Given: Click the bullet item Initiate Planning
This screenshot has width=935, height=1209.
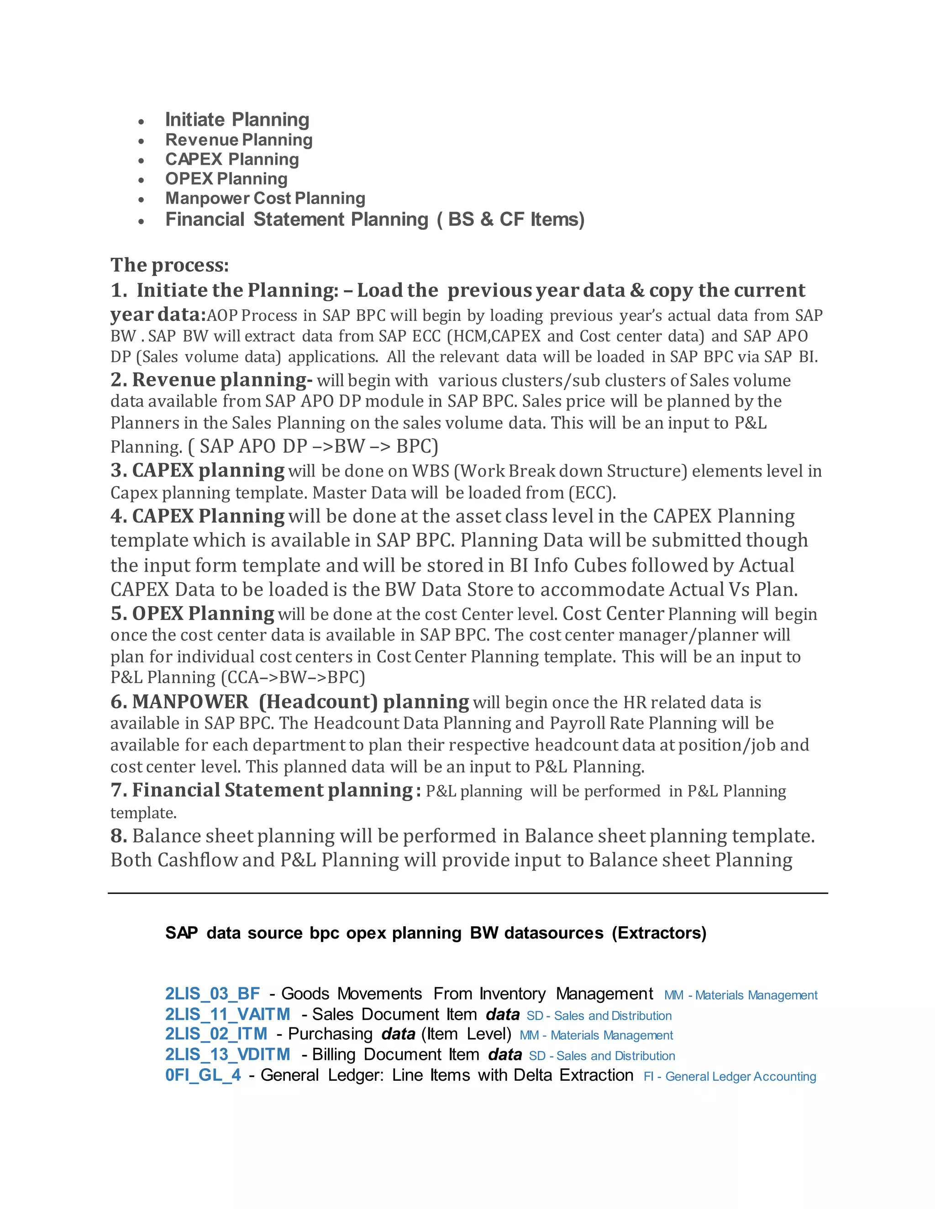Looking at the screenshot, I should click(x=237, y=120).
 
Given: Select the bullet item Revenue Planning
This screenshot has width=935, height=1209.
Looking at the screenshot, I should click(x=239, y=140).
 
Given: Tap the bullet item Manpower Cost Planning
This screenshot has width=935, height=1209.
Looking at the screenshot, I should click(x=265, y=198).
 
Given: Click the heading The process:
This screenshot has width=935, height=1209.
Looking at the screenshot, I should click(x=169, y=265).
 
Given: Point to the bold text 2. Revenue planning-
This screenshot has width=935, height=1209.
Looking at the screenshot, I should click(x=211, y=380).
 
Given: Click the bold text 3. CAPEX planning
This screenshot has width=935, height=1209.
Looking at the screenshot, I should click(x=198, y=470).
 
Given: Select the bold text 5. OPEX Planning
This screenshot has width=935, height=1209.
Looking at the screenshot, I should click(x=192, y=613).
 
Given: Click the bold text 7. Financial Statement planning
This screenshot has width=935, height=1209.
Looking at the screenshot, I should click(x=262, y=790).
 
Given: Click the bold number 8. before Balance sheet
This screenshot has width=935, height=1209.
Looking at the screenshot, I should click(x=119, y=836).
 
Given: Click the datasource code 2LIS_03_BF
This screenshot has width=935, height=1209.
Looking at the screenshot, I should click(x=213, y=994).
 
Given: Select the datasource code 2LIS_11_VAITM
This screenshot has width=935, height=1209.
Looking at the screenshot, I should click(x=228, y=1014).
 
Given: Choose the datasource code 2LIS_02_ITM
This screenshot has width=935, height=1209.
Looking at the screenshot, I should click(x=216, y=1034).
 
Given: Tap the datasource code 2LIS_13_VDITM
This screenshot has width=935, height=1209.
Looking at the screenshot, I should click(x=228, y=1054).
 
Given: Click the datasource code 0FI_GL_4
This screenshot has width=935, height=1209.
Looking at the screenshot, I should click(x=203, y=1075).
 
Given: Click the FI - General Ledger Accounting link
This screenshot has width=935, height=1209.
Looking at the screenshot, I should click(x=730, y=1077).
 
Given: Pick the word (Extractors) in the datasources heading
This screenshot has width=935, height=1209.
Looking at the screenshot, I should click(x=659, y=933).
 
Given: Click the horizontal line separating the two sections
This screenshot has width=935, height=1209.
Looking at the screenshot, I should click(x=467, y=893).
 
